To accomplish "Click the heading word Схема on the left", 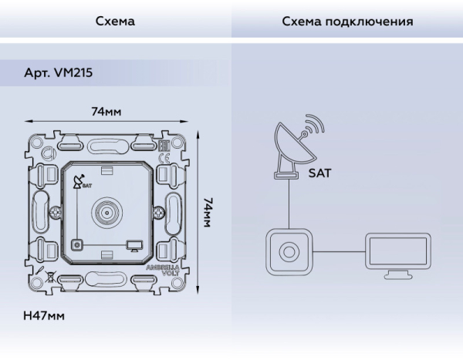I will [115, 22].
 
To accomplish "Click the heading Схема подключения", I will [347, 22].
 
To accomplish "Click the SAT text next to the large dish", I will [319, 173].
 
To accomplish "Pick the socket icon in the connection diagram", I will [289, 251].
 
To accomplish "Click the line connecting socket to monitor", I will [340, 251].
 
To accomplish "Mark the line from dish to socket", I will [289, 204].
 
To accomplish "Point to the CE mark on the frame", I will [164, 160].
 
